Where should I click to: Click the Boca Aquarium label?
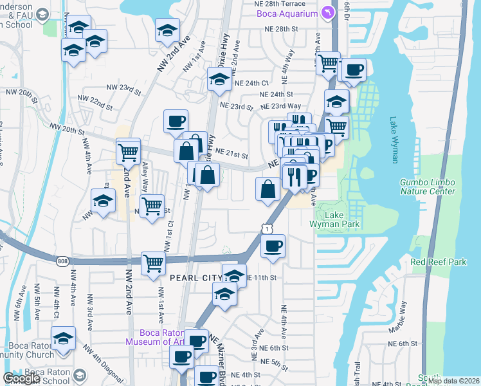pos(287,14)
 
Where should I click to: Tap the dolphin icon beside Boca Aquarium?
pos(328,13)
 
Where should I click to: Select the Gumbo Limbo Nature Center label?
pos(428,187)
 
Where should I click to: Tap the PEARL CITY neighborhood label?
pos(195,277)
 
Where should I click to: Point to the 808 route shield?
pos(62,261)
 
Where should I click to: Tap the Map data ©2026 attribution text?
pos(453,381)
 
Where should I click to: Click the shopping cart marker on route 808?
pos(153,263)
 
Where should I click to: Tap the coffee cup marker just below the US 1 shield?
pos(273,246)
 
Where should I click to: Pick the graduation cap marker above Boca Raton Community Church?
pos(64,338)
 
